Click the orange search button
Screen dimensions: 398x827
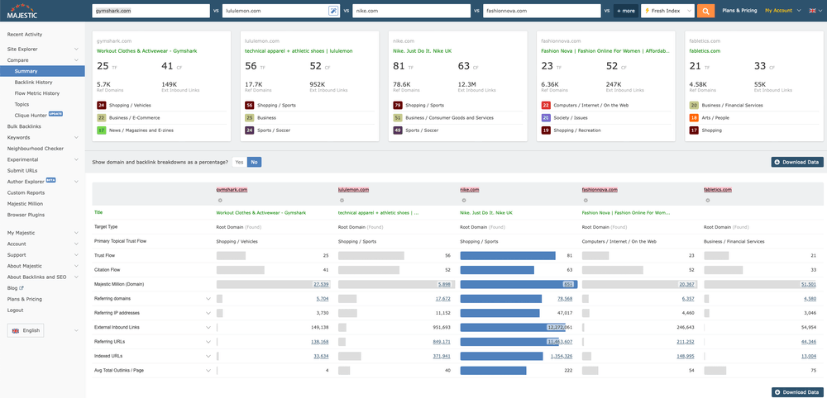point(705,11)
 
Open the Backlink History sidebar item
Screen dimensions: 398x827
point(33,83)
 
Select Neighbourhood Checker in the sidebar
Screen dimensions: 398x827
point(36,148)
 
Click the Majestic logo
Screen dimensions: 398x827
point(23,11)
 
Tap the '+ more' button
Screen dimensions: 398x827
point(625,11)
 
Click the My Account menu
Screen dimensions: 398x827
point(780,11)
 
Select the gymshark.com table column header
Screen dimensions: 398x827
point(232,190)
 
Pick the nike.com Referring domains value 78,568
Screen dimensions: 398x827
point(565,298)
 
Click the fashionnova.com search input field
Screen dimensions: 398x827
point(542,11)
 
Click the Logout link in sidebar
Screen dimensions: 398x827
point(15,310)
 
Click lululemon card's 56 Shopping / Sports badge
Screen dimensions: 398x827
point(250,106)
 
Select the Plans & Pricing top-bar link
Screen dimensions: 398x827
point(739,11)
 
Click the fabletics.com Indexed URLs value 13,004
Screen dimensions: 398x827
point(808,356)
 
